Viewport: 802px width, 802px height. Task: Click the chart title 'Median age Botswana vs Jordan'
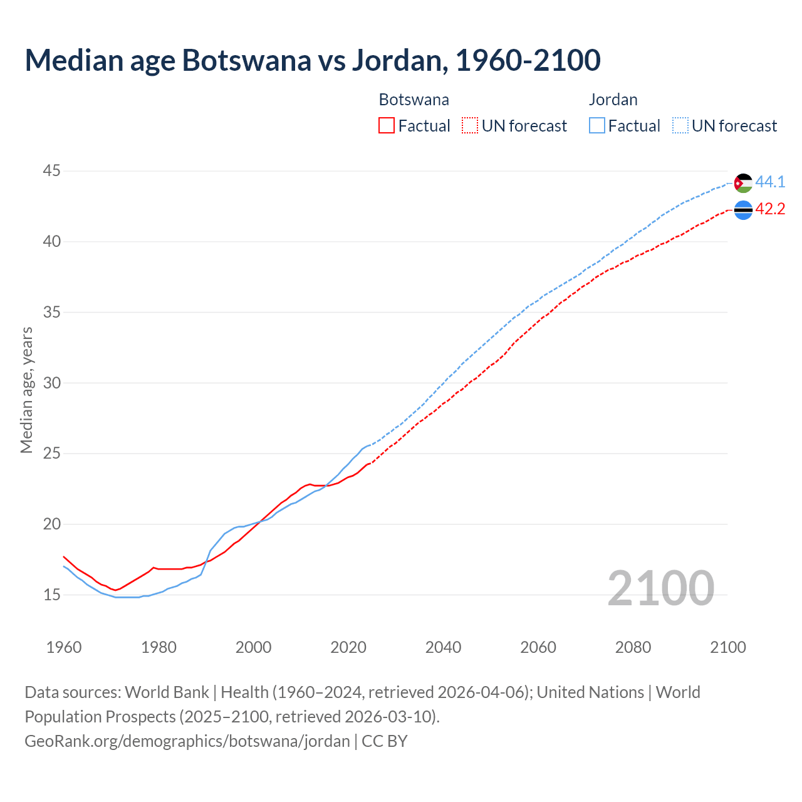point(312,60)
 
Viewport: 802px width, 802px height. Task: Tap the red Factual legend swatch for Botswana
point(387,126)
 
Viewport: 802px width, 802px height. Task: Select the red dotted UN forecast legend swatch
point(470,126)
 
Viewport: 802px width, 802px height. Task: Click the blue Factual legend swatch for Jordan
point(597,126)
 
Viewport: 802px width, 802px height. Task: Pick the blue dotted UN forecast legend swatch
point(680,126)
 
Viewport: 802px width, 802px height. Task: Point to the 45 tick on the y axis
point(52,171)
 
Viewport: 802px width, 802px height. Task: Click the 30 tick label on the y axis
point(52,383)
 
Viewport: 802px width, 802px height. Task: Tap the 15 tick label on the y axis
point(52,595)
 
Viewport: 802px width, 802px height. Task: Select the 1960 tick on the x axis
point(64,647)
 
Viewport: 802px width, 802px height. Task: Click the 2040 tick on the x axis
point(443,647)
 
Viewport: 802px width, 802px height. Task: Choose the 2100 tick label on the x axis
point(727,647)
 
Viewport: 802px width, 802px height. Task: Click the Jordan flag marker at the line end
point(743,183)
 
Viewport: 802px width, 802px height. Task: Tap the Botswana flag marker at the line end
point(743,210)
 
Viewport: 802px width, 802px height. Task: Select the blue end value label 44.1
point(770,182)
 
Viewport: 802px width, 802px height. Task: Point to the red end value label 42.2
point(770,209)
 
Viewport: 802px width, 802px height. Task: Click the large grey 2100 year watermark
point(660,588)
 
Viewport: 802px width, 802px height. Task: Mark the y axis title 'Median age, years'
point(26,390)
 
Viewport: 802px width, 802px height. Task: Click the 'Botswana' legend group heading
point(414,100)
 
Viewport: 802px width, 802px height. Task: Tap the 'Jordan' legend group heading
point(613,100)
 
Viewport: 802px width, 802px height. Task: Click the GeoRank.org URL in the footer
point(187,741)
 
